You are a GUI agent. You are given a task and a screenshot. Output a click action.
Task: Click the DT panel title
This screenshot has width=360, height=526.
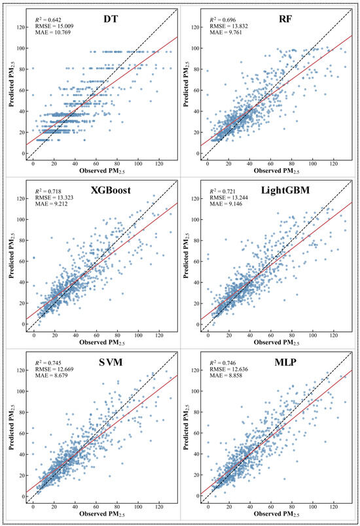(111, 19)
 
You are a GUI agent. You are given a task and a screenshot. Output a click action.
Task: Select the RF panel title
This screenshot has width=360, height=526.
(285, 19)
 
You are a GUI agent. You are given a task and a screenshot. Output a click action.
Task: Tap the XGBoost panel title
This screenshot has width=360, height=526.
(111, 190)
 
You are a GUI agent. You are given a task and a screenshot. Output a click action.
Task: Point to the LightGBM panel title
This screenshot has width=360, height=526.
(285, 190)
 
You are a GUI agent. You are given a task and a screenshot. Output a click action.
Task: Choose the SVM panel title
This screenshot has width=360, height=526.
(111, 362)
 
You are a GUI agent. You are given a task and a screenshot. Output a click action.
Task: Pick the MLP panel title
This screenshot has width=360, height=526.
(285, 362)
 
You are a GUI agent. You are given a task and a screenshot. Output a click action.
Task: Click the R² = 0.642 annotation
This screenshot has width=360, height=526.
(48, 20)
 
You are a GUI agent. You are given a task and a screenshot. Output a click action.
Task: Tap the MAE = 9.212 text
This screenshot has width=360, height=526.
(51, 203)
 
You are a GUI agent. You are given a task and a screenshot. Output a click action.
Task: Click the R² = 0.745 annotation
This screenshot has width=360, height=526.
(48, 363)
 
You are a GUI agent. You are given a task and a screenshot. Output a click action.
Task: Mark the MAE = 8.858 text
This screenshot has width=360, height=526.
(226, 376)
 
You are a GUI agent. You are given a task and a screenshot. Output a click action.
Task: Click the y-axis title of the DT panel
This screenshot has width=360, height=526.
(12, 84)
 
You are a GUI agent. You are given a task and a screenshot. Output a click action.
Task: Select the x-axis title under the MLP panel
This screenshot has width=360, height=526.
(276, 514)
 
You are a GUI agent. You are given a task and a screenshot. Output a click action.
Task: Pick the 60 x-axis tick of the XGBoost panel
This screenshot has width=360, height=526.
(97, 335)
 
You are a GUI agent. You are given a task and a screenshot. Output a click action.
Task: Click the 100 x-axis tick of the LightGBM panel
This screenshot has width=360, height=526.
(313, 335)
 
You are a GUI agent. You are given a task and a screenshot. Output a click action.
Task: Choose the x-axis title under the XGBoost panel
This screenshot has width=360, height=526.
(102, 343)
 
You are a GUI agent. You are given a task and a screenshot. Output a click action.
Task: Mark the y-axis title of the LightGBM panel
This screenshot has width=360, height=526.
(187, 255)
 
